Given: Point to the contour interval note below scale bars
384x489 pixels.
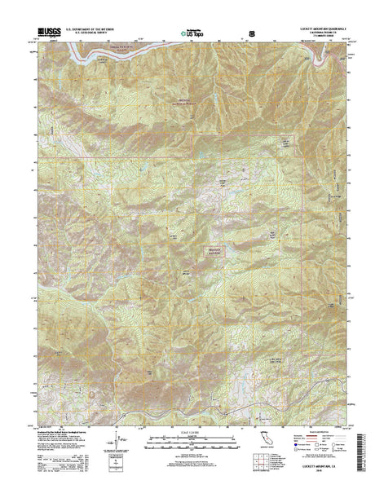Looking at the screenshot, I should pyautogui.click(x=192, y=453).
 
